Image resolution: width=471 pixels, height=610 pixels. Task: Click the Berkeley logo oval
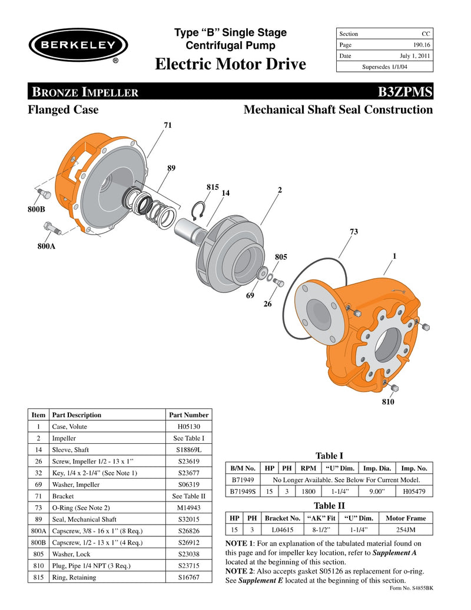(x=78, y=45)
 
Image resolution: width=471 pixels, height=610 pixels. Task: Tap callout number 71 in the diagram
(x=168, y=126)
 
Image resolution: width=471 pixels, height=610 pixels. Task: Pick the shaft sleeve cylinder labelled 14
(x=190, y=227)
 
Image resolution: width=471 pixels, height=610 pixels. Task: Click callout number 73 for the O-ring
(x=354, y=232)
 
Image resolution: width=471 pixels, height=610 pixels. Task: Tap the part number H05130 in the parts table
(x=188, y=427)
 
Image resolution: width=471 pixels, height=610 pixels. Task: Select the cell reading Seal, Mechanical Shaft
(x=84, y=519)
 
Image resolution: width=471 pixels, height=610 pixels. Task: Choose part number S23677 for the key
(x=188, y=473)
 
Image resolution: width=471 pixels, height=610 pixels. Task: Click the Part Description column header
(x=77, y=415)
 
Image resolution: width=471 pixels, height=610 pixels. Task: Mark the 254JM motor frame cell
(x=406, y=530)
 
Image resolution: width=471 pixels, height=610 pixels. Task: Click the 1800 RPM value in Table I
(x=309, y=491)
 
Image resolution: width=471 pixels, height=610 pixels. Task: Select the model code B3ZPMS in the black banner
(x=407, y=91)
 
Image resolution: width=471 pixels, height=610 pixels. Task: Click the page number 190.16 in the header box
(x=419, y=45)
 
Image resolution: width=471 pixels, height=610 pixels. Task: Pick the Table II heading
(x=329, y=506)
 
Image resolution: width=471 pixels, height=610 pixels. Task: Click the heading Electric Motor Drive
(x=230, y=64)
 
